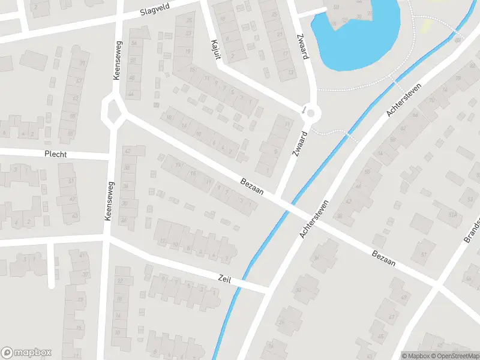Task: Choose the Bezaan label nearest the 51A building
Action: click(385, 259)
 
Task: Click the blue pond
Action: click(360, 30)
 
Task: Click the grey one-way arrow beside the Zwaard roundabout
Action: click(304, 110)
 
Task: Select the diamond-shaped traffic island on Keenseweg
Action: click(113, 110)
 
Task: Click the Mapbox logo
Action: click(26, 353)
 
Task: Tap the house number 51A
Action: click(455, 215)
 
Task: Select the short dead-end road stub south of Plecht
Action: click(52, 264)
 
